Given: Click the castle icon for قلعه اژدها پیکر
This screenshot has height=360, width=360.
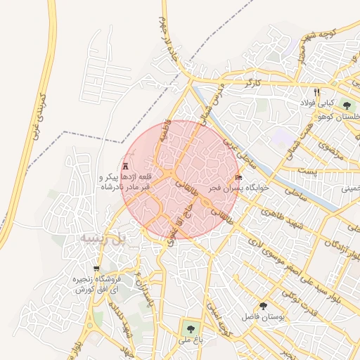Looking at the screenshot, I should tap(125, 167).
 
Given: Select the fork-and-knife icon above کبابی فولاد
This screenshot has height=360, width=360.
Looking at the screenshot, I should tap(317, 92).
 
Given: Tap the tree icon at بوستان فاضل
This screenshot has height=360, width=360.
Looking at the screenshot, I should tap(263, 307).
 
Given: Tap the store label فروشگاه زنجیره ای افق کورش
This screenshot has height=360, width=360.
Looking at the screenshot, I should tap(84, 284).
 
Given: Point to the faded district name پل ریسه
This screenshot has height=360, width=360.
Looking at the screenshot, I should tap(103, 239).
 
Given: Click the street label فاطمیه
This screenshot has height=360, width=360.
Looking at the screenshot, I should tap(168, 129).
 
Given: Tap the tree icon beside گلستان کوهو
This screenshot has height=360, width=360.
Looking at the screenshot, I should tap(347, 105).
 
